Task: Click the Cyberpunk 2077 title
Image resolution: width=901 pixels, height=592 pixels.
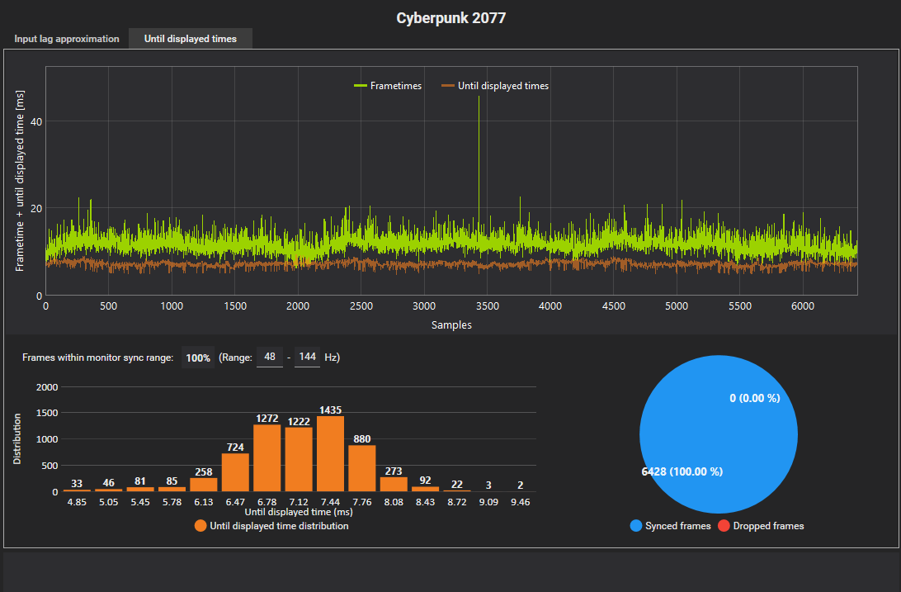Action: click(450, 17)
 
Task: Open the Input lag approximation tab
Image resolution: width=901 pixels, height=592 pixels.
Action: click(67, 39)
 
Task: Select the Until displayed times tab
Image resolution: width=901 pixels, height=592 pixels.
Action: click(190, 39)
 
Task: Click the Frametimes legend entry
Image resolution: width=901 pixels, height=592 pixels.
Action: click(388, 85)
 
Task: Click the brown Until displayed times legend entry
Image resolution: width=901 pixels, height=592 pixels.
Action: click(495, 85)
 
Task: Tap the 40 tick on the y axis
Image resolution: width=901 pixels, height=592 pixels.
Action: click(36, 121)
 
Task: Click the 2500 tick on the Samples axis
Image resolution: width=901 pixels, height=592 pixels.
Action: click(361, 306)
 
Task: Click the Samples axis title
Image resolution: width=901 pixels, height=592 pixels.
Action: click(451, 325)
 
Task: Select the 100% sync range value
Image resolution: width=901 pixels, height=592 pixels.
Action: click(198, 358)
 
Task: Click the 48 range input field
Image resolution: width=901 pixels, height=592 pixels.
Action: click(269, 358)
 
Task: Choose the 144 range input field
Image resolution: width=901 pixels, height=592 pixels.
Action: click(307, 358)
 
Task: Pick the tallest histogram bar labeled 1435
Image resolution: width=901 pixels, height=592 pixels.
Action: click(330, 454)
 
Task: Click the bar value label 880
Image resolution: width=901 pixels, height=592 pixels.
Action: click(361, 439)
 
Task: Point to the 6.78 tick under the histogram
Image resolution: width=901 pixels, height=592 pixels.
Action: click(267, 501)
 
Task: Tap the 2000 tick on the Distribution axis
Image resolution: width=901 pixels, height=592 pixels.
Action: click(48, 387)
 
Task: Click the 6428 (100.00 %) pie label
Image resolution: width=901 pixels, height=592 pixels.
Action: click(682, 471)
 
